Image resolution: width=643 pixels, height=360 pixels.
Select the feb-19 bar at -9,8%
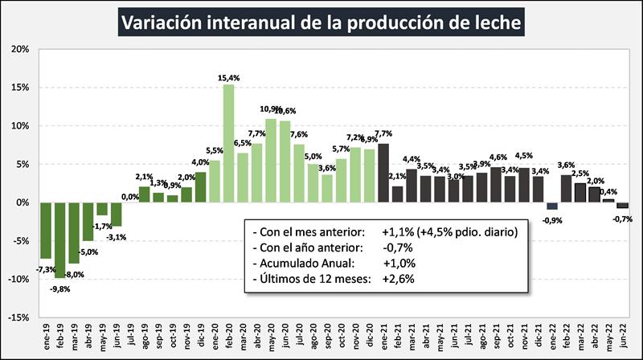(59, 239)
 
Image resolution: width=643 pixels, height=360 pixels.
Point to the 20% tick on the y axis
(19, 49)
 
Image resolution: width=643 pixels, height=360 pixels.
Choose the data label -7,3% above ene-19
(45, 268)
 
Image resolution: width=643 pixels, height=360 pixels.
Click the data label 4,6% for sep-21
(498, 157)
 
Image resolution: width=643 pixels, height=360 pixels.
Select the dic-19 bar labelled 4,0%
(200, 187)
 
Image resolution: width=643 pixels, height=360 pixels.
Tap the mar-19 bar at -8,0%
(73, 233)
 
